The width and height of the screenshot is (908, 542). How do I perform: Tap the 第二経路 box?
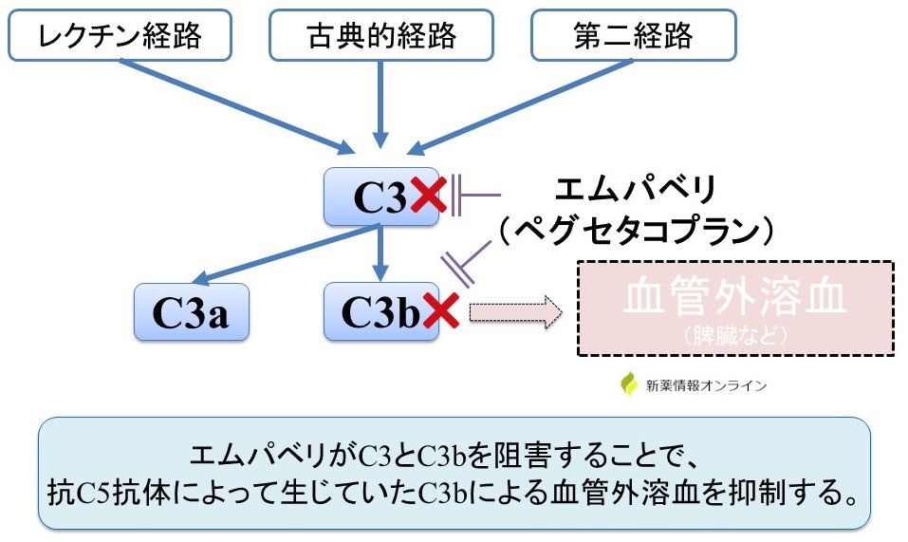(634, 36)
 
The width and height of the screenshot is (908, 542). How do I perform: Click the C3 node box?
(380, 197)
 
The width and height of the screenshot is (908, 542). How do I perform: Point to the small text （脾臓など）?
(735, 334)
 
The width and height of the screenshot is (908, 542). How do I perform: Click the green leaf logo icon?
(629, 384)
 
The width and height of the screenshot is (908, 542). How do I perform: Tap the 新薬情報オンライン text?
(706, 385)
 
